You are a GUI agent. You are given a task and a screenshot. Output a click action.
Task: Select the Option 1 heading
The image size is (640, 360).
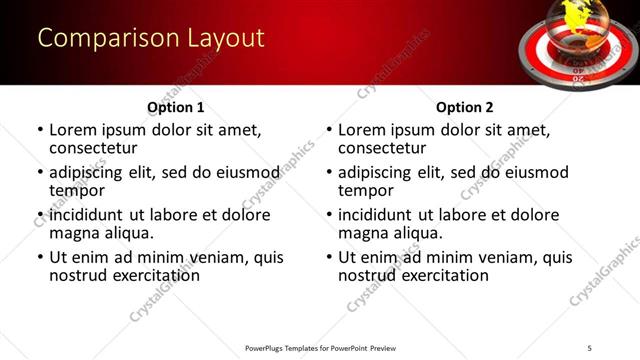click(175, 107)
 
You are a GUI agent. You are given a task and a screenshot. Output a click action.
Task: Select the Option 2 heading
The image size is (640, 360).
click(464, 107)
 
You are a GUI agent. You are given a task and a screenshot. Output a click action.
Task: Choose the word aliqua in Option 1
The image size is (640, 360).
click(128, 233)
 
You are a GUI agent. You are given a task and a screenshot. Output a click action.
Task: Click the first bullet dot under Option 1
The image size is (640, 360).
click(40, 130)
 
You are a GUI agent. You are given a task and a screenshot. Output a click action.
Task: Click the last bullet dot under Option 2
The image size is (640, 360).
click(329, 257)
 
